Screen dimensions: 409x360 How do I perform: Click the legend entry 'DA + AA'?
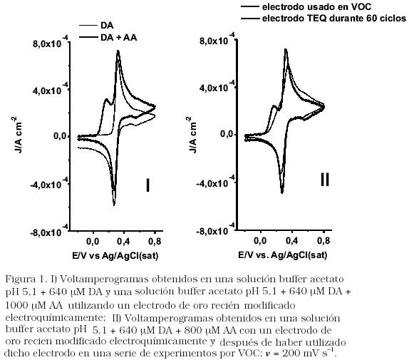119,38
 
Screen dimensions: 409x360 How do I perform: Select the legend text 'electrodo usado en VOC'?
316,7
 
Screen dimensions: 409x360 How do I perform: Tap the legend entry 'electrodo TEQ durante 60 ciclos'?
334,19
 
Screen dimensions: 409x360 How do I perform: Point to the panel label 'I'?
147,185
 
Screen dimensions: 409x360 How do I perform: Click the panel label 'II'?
325,180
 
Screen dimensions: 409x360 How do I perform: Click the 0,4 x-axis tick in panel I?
123,242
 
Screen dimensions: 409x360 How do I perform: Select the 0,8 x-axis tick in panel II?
323,241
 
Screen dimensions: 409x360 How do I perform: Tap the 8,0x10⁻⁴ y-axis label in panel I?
51,42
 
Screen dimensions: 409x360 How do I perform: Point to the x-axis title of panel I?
115,256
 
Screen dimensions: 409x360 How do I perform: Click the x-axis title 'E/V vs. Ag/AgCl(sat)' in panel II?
282,255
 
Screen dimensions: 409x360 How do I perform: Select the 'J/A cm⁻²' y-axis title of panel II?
192,135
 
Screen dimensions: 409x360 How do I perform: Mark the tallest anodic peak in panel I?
118,51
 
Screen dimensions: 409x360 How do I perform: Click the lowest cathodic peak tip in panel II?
282,192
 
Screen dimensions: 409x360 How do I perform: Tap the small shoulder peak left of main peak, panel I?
106,99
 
